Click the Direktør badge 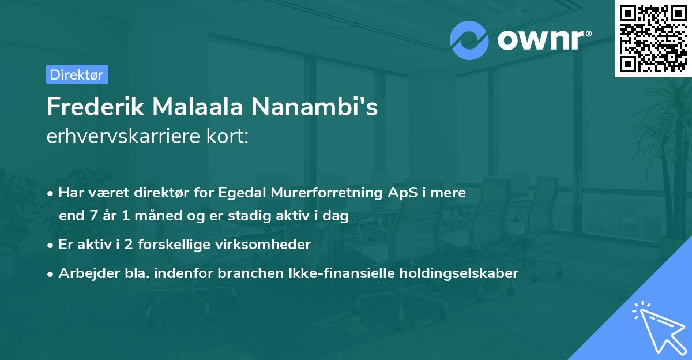coord(77,74)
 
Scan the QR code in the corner coord(653,38)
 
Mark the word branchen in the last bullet coord(245,273)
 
